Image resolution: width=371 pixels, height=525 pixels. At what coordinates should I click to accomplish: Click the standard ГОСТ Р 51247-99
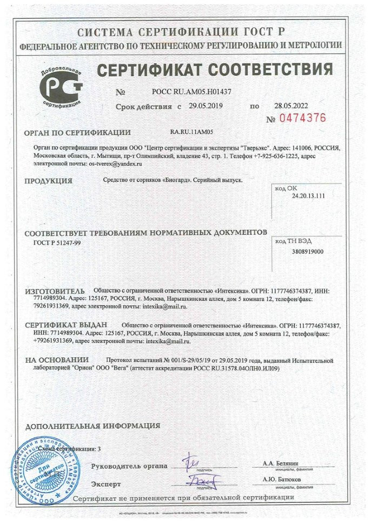(55, 241)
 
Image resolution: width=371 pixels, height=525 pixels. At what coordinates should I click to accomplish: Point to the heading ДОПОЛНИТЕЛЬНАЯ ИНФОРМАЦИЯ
(92, 425)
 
